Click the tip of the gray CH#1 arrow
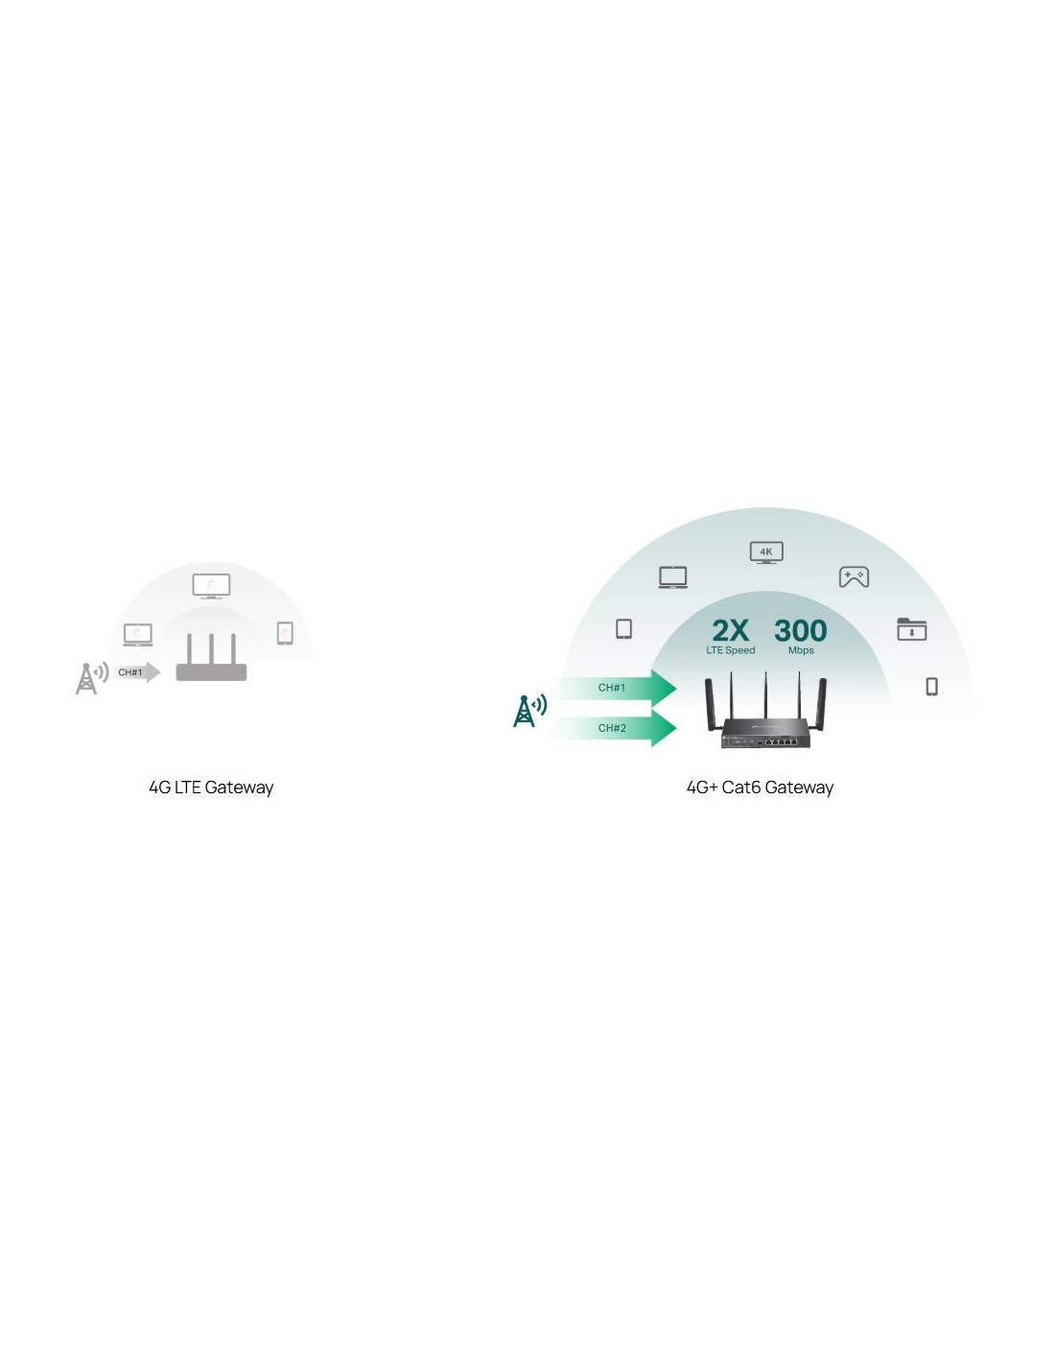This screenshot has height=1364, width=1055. point(160,671)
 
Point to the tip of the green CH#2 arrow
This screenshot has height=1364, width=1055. point(676,727)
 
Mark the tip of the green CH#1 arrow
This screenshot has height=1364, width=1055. point(676,688)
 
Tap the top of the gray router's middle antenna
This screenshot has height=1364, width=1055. point(211,635)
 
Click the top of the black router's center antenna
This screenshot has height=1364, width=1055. point(764,672)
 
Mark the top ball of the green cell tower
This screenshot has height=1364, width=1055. point(524,698)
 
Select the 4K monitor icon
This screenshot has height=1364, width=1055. point(765,553)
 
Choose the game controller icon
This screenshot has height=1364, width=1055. point(854,576)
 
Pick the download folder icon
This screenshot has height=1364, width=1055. point(911,629)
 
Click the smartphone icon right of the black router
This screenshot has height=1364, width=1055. point(931,686)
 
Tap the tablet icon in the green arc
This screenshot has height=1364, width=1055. point(623,629)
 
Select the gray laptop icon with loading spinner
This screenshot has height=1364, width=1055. point(137,634)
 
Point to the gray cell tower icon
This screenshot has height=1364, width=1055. point(92,678)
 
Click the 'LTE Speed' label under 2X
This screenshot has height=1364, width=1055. point(730,650)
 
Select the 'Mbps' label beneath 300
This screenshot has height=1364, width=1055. point(800,650)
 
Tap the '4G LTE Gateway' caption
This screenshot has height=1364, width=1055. point(211,788)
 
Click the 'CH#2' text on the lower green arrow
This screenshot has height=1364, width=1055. point(611,728)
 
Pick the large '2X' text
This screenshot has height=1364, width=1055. point(730,630)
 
